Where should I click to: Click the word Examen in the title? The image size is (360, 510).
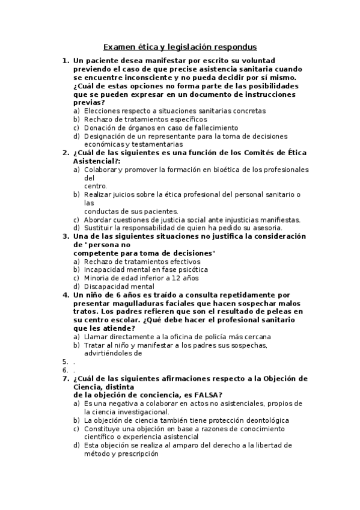click(118, 46)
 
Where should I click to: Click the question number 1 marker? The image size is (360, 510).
click(65, 61)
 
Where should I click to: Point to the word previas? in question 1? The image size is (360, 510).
click(88, 102)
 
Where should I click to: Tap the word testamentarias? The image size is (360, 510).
click(157, 144)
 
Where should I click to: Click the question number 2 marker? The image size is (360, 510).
click(65, 153)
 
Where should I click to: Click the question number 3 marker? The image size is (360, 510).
click(65, 236)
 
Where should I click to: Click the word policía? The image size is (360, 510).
click(209, 337)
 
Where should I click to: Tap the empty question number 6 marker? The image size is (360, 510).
click(65, 370)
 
